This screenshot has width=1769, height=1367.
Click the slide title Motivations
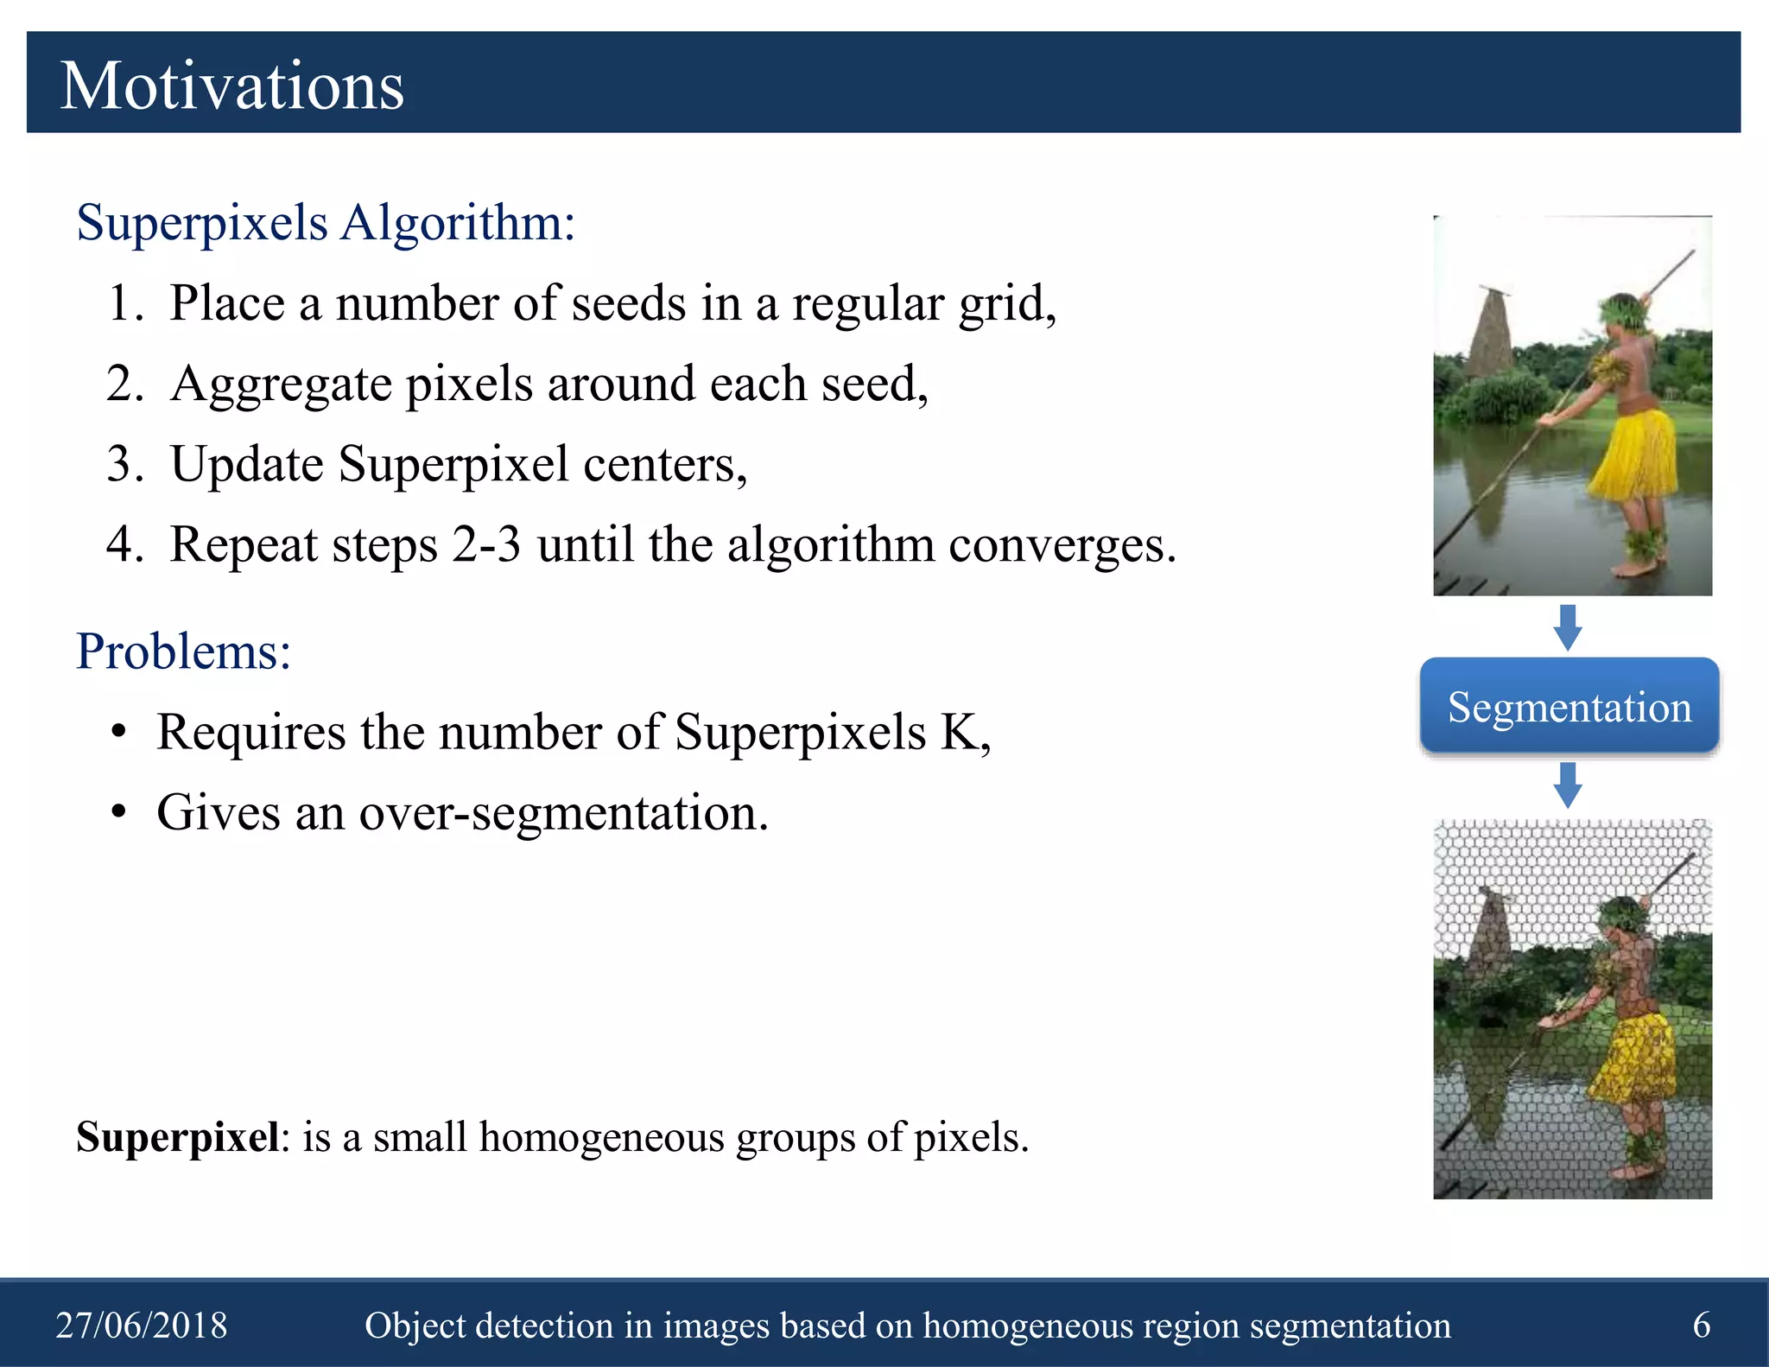tap(231, 86)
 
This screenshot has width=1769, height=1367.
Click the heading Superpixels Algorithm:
tap(325, 223)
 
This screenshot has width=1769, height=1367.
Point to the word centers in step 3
tap(663, 465)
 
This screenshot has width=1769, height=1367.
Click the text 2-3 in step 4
tap(485, 545)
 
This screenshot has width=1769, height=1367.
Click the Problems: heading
tap(183, 651)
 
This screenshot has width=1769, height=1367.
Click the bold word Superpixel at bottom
tap(177, 1137)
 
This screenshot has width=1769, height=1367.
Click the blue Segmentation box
tap(1569, 706)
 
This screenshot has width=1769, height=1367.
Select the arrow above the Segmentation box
tap(1568, 626)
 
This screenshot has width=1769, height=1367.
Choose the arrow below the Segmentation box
tap(1568, 785)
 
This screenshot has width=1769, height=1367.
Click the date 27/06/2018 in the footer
tap(142, 1325)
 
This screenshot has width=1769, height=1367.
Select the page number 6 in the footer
tap(1701, 1325)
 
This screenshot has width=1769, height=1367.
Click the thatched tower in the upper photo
tap(1490, 333)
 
